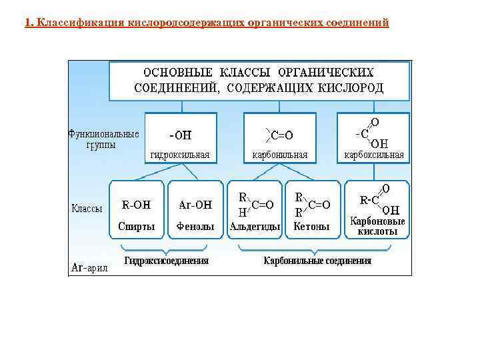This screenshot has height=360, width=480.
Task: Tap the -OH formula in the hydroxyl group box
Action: (x=180, y=135)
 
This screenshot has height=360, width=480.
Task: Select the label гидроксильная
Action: (x=180, y=155)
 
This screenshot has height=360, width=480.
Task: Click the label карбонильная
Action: (x=279, y=155)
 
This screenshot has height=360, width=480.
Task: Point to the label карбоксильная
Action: (x=373, y=155)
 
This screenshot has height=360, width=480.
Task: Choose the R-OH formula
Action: (x=137, y=205)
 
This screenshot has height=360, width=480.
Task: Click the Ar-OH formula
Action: (x=195, y=205)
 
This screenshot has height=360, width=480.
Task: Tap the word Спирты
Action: (x=137, y=227)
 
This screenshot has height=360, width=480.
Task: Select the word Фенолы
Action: (x=195, y=227)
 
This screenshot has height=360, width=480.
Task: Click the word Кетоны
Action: (x=312, y=227)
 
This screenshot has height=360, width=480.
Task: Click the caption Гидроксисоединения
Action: (x=167, y=261)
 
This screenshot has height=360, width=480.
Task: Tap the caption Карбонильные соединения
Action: (x=317, y=261)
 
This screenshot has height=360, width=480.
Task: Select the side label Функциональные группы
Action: (x=103, y=139)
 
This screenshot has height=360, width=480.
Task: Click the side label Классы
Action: (x=87, y=209)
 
